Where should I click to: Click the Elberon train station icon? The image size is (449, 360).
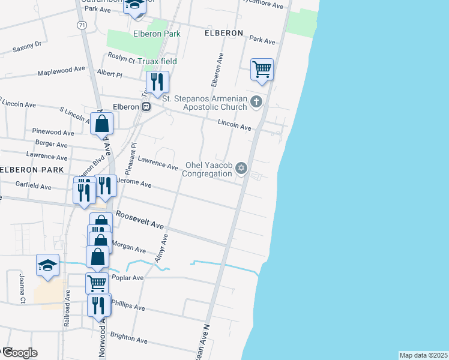coord(146,106)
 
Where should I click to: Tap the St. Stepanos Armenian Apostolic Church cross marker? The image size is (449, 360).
coord(256,101)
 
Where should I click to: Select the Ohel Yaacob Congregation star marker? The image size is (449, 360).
coord(241,167)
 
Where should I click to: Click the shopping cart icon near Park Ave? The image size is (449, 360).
coord(262,69)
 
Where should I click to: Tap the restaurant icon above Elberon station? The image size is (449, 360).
coord(157,82)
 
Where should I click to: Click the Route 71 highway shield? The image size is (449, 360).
coord(82,25)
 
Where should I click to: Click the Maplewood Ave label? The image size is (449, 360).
coord(61,70)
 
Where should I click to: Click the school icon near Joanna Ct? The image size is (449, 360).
coord(48,265)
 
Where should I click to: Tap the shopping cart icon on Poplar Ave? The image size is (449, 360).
coord(97,283)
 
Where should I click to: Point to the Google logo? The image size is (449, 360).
coord(19,352)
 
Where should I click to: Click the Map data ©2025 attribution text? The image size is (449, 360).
coord(423,355)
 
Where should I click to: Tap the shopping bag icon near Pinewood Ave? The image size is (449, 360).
coord(102,124)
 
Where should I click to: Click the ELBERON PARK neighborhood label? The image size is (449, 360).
coord(31,170)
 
